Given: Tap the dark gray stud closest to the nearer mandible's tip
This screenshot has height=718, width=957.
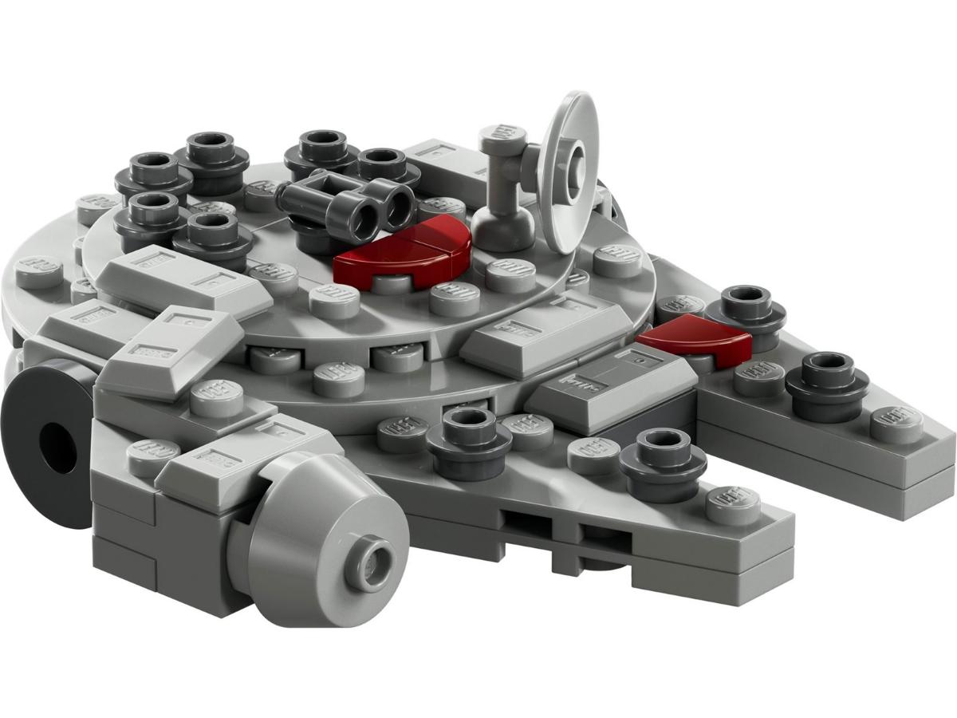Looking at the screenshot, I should coord(662,459).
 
